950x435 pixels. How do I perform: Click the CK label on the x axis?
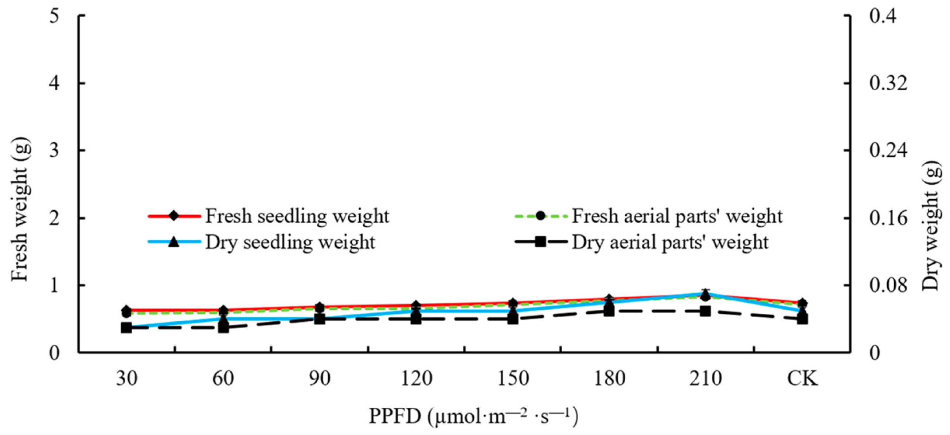(x=802, y=378)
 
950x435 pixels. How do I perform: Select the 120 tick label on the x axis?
(x=417, y=378)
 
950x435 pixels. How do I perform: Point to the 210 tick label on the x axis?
(x=705, y=378)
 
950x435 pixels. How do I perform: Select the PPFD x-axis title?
(x=473, y=416)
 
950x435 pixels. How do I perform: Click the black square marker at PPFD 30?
(x=126, y=328)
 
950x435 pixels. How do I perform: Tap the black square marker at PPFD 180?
(x=609, y=311)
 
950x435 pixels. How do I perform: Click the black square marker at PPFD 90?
(x=320, y=319)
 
